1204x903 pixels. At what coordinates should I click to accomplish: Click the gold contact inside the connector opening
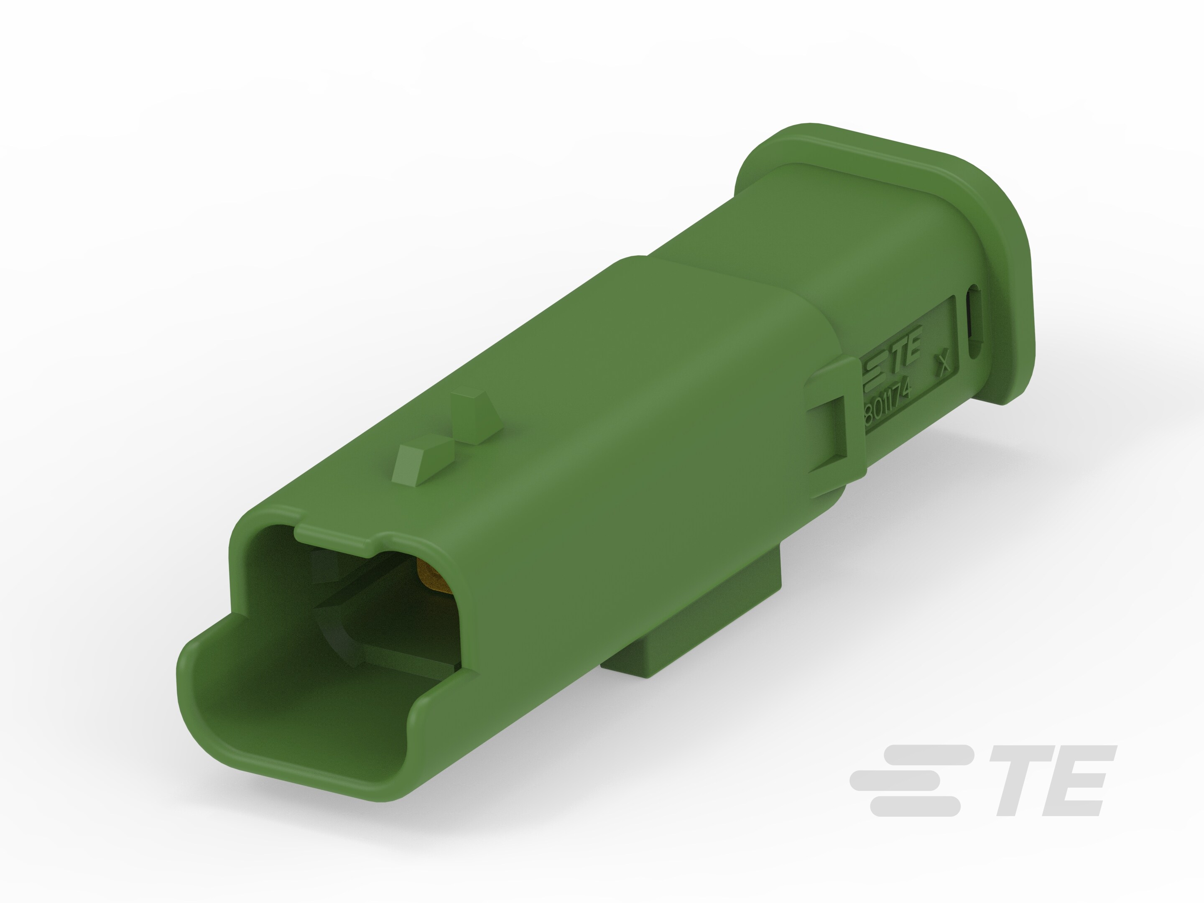click(x=430, y=577)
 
